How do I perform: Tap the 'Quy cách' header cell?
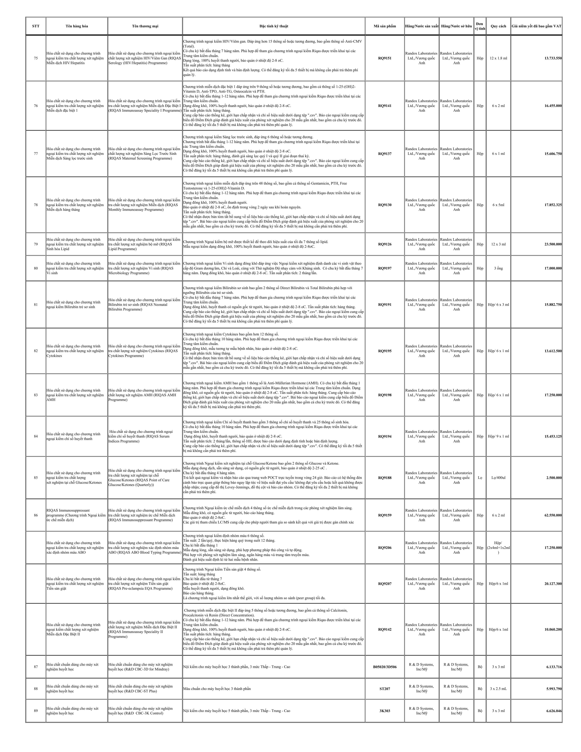(x=498, y=26)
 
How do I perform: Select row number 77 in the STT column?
(x=36, y=154)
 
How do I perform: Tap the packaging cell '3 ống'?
(x=498, y=268)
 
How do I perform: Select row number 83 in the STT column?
(x=36, y=395)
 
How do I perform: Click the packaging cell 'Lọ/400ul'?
(x=498, y=478)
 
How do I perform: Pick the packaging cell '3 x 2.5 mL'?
(x=498, y=689)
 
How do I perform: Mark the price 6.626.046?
(x=554, y=711)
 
